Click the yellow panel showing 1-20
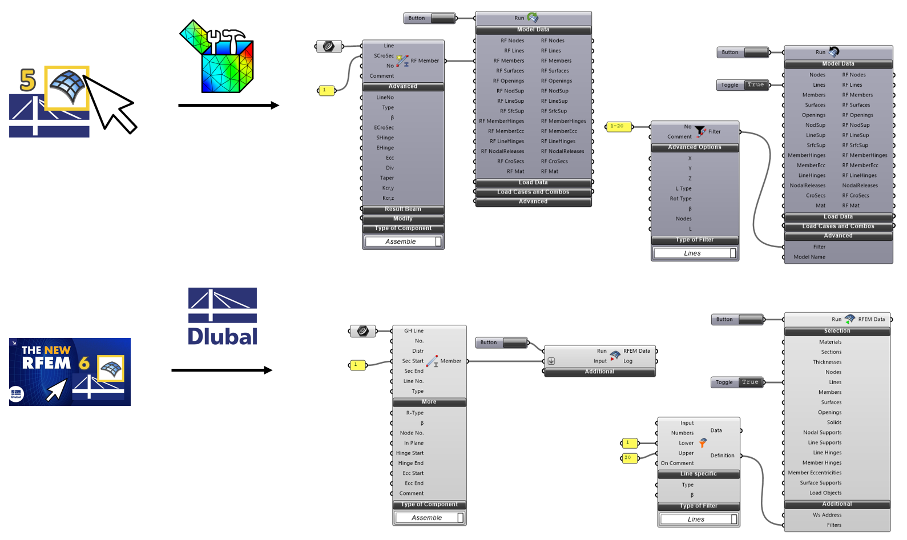coord(618,126)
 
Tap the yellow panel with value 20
coord(629,458)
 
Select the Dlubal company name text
coord(223,336)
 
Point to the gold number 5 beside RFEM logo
coord(28,79)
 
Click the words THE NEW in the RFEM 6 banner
coord(46,350)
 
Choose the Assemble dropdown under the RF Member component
coord(403,241)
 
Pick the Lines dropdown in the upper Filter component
coord(695,253)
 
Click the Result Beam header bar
coord(404,209)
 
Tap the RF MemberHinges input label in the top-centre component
coord(501,121)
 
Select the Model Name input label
coord(809,257)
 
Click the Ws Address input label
coord(827,515)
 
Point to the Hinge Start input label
coord(410,453)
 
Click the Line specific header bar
coord(699,474)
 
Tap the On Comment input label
coord(677,463)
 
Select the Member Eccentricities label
coord(815,473)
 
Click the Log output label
coord(628,361)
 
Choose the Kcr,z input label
coord(388,198)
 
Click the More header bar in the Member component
coord(429,402)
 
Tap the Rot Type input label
coord(680,199)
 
